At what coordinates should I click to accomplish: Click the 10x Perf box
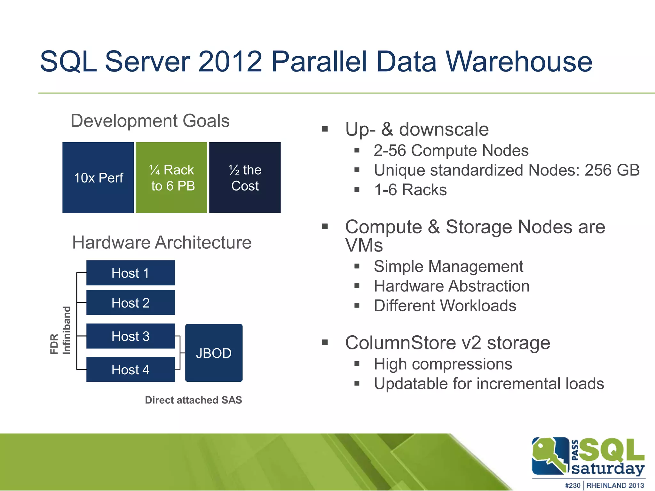coord(98,177)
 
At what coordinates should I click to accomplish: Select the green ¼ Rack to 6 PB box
coord(171,177)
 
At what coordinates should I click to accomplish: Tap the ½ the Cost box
coord(245,177)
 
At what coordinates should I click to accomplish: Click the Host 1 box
coord(130,273)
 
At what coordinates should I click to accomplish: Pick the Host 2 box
coord(130,303)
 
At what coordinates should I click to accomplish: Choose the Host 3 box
coord(130,336)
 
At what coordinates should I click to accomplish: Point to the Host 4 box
coord(130,370)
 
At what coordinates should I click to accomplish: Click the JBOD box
coord(214,353)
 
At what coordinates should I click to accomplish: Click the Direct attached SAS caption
coord(193,400)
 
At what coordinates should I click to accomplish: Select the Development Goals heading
coord(150,121)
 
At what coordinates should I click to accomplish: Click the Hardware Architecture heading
coord(162,242)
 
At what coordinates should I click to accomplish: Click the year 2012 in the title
coord(230,61)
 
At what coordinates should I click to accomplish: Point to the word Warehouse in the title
coord(519,61)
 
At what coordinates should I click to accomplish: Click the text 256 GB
coord(612,170)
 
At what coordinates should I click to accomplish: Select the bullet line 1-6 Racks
coord(410,190)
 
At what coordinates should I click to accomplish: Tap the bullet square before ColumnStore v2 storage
coord(325,343)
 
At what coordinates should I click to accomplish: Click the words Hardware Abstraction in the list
coord(452,286)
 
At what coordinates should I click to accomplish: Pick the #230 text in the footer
coord(572,485)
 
